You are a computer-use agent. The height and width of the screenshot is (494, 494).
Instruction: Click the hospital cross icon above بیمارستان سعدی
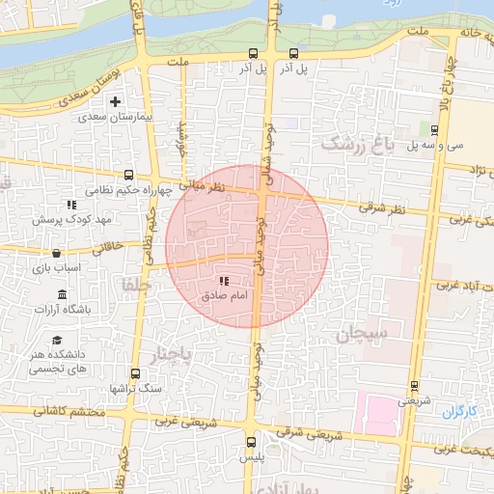coord(116,101)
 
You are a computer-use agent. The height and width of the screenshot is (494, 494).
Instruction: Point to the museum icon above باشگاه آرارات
coord(63,294)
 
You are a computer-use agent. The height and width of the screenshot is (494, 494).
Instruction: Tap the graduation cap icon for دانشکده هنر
coord(57,341)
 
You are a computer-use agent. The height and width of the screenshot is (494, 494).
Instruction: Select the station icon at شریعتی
coord(414,385)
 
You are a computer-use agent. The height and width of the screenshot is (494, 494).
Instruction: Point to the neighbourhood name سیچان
coord(363,336)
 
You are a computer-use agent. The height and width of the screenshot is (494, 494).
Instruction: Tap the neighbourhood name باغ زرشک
coord(358,145)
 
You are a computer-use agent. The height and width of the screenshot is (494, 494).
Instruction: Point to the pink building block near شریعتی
coord(376,412)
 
